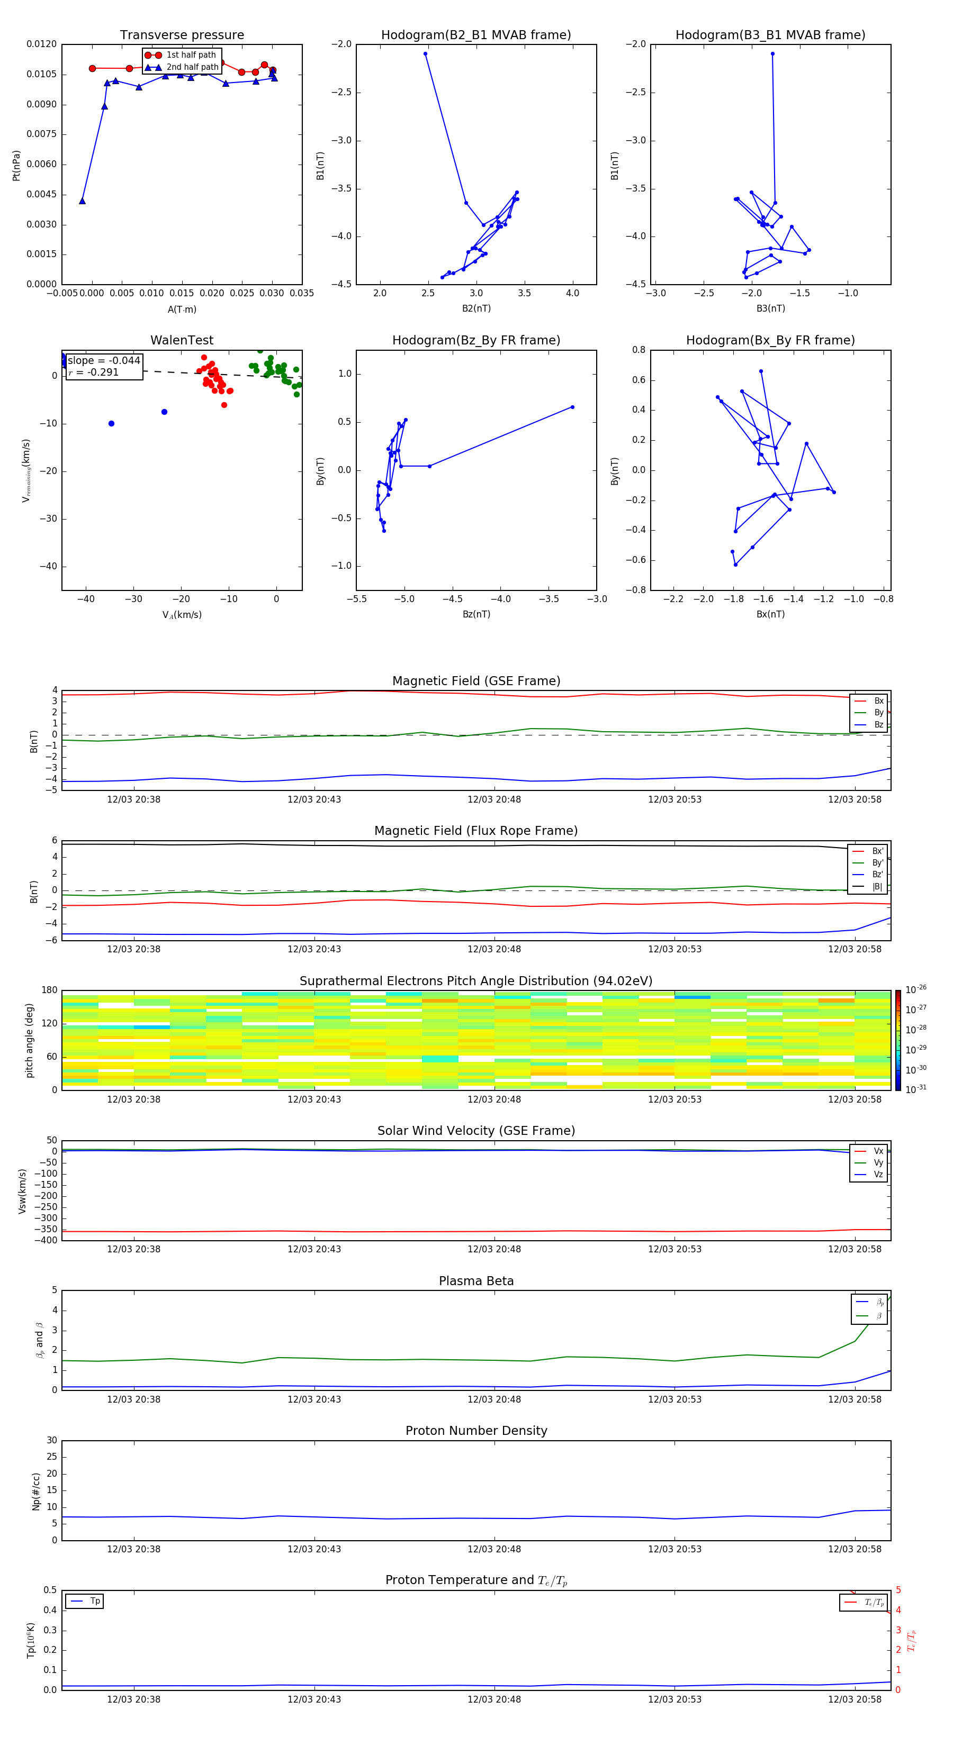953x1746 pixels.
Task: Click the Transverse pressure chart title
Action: (182, 35)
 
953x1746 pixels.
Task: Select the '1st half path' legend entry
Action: (191, 55)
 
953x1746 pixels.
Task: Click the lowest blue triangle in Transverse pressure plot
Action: (82, 201)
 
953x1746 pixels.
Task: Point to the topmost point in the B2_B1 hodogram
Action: (425, 54)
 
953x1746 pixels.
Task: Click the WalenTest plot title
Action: (182, 340)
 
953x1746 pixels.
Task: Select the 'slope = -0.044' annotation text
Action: (104, 361)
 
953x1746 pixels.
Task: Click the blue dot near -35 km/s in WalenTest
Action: (111, 424)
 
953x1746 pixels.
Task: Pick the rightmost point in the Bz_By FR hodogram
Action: (572, 407)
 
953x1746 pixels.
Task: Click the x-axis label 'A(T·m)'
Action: (182, 310)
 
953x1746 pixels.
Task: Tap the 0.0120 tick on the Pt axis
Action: (41, 44)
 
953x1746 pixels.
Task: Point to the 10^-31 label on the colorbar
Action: (916, 1088)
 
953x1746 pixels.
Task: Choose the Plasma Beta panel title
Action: (476, 1281)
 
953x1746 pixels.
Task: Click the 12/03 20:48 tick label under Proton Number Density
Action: (494, 1549)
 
